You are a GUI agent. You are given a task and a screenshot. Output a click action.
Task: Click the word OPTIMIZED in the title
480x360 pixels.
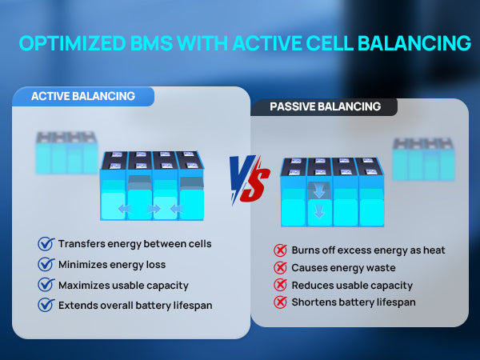pyautogui.click(x=73, y=43)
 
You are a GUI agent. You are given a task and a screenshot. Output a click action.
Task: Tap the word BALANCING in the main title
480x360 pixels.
pyautogui.click(x=414, y=43)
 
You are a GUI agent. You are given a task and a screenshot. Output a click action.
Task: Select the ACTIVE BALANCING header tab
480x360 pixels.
pyautogui.click(x=83, y=97)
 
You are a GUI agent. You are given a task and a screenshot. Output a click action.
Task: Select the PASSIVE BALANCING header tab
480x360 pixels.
pyautogui.click(x=325, y=107)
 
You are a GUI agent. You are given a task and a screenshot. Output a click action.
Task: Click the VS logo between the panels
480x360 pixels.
pyautogui.click(x=250, y=179)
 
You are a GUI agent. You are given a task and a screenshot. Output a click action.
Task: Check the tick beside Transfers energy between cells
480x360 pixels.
pyautogui.click(x=46, y=244)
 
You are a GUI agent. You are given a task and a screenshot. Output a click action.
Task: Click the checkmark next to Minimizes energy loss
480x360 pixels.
pyautogui.click(x=46, y=264)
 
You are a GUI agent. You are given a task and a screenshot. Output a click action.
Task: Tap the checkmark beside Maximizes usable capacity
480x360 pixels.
pyautogui.click(x=46, y=285)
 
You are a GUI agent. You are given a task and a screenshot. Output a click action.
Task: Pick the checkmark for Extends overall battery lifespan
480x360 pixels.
pyautogui.click(x=46, y=305)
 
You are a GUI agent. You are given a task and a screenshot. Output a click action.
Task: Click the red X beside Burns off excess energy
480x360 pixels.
pyautogui.click(x=280, y=250)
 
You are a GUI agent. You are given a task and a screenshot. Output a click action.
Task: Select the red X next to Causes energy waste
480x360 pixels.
pyautogui.click(x=280, y=268)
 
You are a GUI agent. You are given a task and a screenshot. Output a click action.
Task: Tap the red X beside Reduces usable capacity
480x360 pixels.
pyautogui.click(x=280, y=285)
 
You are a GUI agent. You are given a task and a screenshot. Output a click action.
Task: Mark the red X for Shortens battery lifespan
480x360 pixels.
pyautogui.click(x=280, y=302)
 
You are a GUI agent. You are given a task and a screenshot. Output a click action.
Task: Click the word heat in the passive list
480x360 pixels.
pyautogui.click(x=434, y=250)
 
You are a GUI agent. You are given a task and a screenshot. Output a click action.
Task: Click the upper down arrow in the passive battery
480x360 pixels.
pyautogui.click(x=319, y=191)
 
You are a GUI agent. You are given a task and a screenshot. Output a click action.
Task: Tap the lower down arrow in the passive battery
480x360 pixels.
pyautogui.click(x=319, y=211)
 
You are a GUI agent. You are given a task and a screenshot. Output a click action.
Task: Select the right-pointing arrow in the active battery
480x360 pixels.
pyautogui.click(x=154, y=209)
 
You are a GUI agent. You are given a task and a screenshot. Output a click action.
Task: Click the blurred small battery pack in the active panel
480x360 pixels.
pyautogui.click(x=66, y=153)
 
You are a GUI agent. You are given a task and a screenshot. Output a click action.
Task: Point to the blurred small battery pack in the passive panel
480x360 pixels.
pyautogui.click(x=423, y=159)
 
